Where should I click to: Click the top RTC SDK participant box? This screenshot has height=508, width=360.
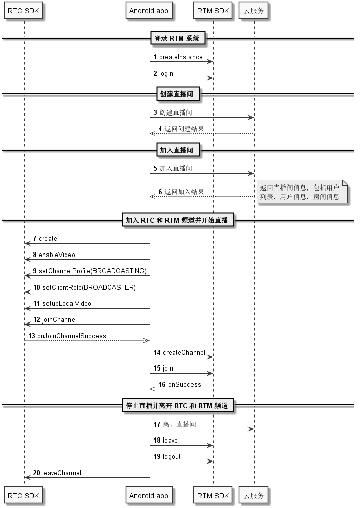23,11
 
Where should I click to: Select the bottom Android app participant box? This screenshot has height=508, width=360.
149,495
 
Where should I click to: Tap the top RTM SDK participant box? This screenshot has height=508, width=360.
213,11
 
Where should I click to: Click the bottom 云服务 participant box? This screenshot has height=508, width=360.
254,495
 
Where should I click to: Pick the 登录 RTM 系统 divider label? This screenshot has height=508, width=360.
177,38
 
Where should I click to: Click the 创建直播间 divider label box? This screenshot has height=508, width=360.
177,94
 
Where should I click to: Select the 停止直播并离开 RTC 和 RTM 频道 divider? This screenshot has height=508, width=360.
177,406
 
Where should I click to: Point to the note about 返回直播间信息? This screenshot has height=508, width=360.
302,192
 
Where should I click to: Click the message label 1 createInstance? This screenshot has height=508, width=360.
178,57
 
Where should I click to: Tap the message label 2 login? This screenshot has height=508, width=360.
163,74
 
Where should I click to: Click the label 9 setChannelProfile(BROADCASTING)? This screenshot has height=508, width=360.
90,271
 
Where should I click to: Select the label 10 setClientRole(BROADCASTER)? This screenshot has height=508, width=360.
84,287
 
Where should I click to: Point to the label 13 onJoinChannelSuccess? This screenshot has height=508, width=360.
67,336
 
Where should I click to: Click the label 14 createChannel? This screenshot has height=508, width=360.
179,352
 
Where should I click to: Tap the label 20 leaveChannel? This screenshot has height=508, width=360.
57,473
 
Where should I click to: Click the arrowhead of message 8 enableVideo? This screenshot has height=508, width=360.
27,259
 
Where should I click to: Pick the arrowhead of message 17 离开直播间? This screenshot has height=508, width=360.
251,429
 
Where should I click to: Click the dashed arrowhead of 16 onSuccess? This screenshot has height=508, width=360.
153,389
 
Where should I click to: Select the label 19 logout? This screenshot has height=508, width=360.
167,457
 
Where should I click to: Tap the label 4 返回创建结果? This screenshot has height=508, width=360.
181,129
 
